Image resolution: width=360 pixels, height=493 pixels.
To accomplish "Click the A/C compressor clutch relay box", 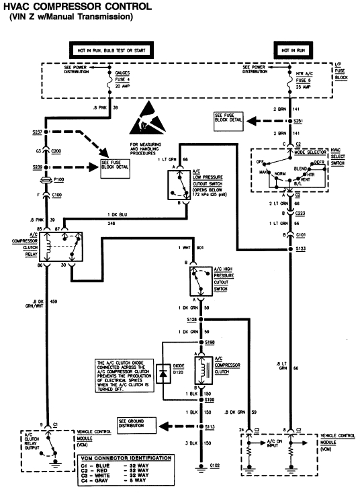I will [62, 248].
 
